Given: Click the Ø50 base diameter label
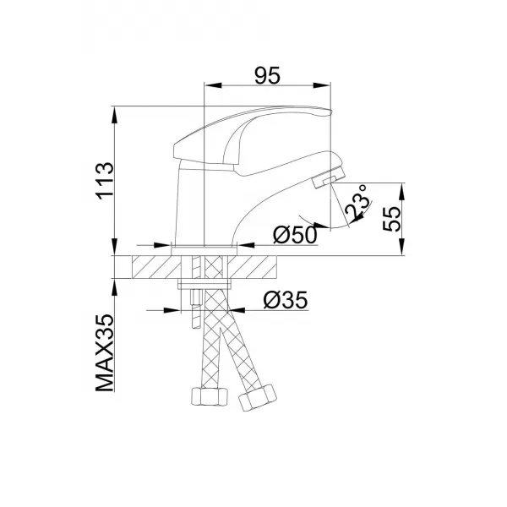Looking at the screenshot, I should click(x=296, y=235).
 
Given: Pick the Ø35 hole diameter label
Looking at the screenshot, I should click(x=284, y=300).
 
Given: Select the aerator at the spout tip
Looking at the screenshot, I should click(x=325, y=178).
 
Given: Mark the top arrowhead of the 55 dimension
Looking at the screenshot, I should click(x=401, y=187).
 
